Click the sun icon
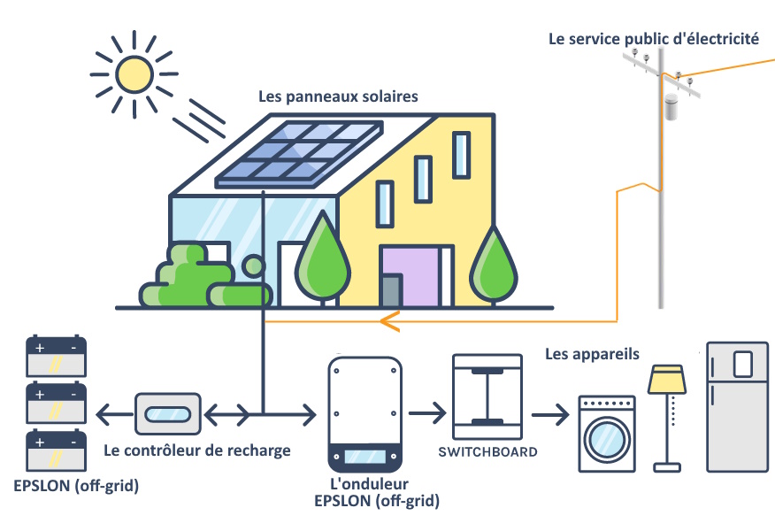(135, 73)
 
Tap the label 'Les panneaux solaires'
(338, 96)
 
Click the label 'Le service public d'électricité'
(653, 39)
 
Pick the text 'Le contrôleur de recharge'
(196, 450)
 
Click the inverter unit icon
(364, 413)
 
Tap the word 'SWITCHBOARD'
(487, 451)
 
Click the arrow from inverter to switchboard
(426, 413)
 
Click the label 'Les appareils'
(592, 354)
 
